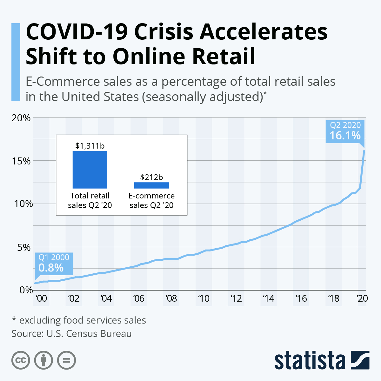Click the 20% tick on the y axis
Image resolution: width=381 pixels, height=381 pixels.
(x=21, y=118)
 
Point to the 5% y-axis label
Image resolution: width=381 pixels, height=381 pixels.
(x=23, y=247)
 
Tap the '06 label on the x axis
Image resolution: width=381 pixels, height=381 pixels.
(x=138, y=298)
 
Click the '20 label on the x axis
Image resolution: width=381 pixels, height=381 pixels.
(x=362, y=298)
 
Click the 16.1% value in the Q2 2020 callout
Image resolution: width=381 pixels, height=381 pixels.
(x=345, y=136)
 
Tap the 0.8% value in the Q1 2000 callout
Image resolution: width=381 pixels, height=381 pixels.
(x=51, y=268)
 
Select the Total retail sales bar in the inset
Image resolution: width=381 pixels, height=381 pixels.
(x=90, y=170)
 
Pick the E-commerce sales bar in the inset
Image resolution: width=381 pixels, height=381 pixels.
(x=151, y=185)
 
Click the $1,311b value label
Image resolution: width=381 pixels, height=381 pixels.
(x=90, y=146)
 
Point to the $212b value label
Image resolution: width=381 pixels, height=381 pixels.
(x=151, y=177)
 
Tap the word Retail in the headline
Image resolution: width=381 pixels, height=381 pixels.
(x=224, y=56)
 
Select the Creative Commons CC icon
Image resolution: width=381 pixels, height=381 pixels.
(x=21, y=360)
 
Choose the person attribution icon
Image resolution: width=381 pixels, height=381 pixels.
(x=43, y=360)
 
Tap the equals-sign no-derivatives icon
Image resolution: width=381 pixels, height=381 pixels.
(x=66, y=360)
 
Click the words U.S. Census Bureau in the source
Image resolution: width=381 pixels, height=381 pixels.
(x=89, y=334)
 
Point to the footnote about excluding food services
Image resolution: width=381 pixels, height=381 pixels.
(x=79, y=320)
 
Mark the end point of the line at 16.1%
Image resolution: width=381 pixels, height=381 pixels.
(x=364, y=151)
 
